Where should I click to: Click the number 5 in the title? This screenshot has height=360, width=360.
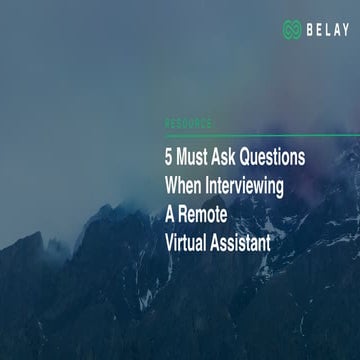(x=169, y=158)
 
